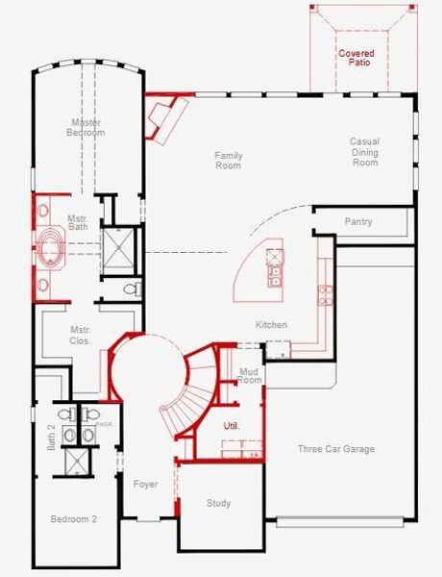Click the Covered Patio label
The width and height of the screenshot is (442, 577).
(356, 57)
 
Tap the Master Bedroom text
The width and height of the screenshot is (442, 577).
(86, 127)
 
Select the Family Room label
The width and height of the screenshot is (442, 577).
(229, 161)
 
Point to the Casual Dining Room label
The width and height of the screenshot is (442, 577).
(364, 152)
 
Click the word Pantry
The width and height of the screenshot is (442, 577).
(358, 222)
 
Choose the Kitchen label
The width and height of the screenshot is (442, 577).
(271, 325)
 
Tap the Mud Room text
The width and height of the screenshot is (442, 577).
(250, 375)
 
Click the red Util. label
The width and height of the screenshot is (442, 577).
(232, 424)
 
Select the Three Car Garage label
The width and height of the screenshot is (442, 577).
(335, 449)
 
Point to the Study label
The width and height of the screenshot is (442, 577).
(218, 503)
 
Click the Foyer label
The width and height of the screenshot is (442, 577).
(145, 484)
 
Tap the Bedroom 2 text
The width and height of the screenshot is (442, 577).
(74, 519)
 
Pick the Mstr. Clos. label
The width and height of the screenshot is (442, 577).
(80, 336)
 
